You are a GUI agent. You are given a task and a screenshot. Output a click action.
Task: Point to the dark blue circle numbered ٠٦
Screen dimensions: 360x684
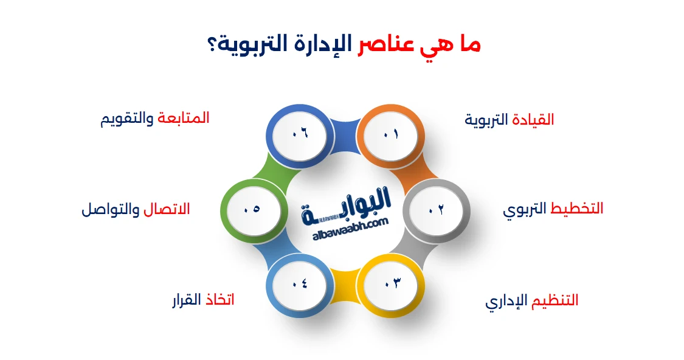pos(300,133)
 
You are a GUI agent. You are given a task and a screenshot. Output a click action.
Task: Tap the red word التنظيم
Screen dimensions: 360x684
pos(553,300)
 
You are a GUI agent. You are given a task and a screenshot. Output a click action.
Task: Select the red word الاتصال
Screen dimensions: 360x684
pos(167,209)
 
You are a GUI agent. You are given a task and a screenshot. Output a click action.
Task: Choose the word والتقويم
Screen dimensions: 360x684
pos(127,118)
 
